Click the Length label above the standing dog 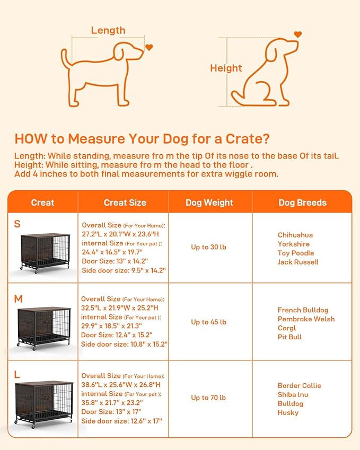[108, 31]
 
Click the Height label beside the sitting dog [226, 68]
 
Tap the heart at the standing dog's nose [149, 48]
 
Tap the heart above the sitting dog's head [297, 34]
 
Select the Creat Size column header [125, 202]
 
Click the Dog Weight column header [209, 202]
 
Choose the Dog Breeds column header [302, 202]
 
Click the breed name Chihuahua [295, 235]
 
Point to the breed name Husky [288, 412]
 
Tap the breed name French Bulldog [303, 310]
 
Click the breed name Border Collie [299, 385]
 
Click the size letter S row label [17, 224]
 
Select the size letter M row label [19, 299]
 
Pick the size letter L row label [17, 375]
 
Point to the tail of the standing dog [65, 58]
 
